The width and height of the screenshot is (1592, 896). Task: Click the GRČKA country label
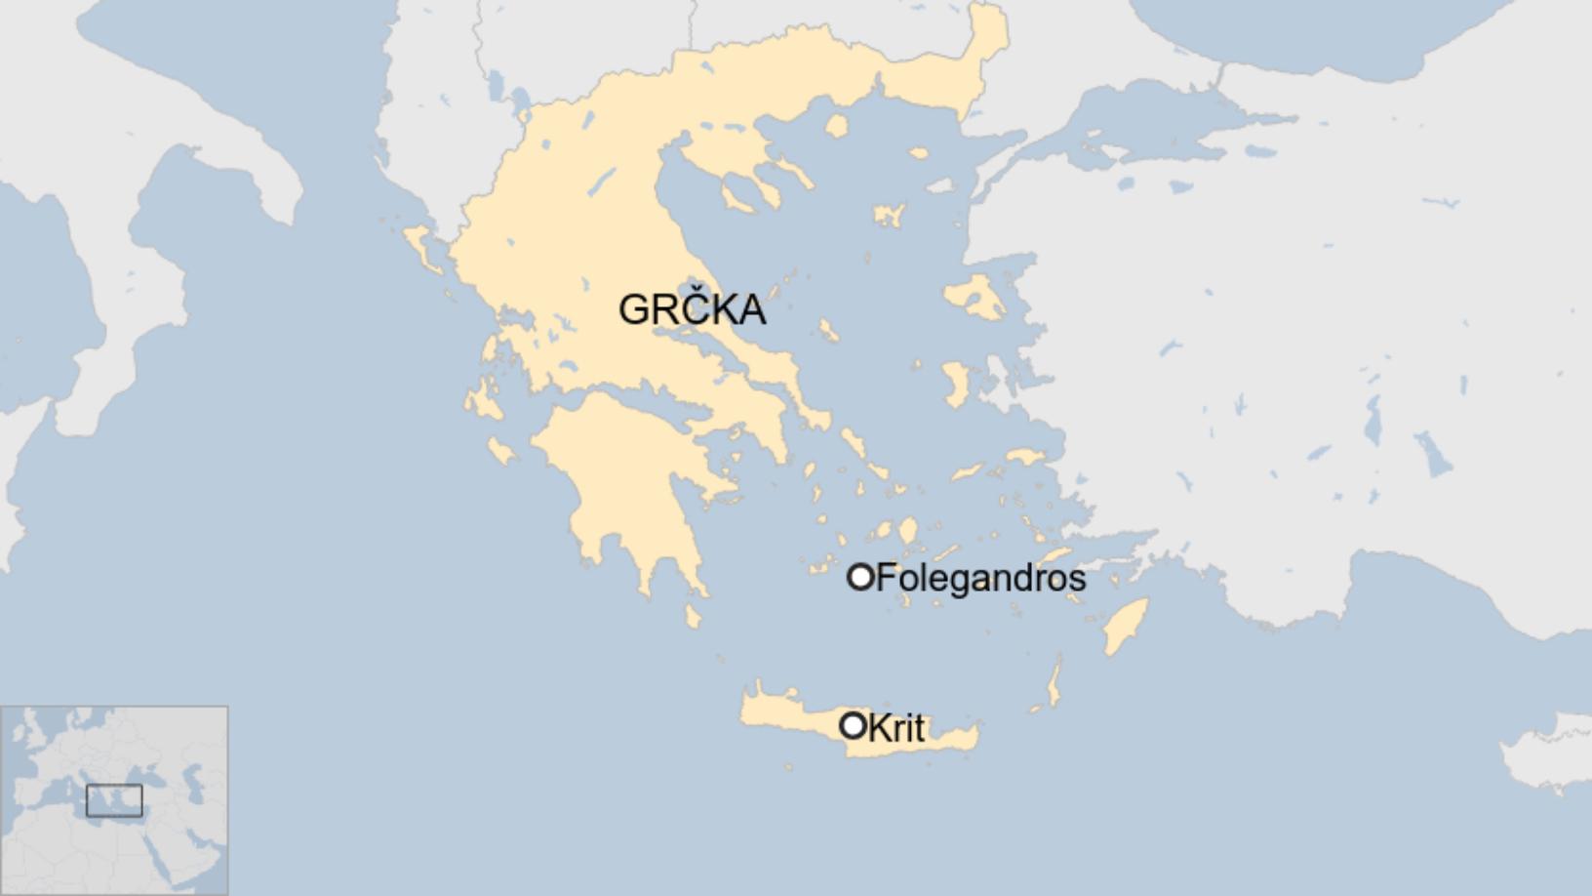click(x=692, y=309)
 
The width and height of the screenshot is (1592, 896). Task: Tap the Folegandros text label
click(x=980, y=578)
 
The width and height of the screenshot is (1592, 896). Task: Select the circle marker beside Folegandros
click(x=859, y=577)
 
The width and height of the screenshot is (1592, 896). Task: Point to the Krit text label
click(x=895, y=727)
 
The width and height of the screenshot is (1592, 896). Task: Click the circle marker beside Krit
click(x=853, y=725)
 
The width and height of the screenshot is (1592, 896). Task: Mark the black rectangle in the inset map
click(x=114, y=800)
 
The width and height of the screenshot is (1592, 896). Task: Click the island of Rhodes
click(x=1127, y=625)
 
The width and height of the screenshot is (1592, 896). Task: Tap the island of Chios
click(x=956, y=383)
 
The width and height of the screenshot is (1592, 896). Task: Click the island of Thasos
click(x=836, y=125)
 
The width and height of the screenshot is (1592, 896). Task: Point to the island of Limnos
click(x=889, y=215)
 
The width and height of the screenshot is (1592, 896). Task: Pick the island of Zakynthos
click(x=502, y=450)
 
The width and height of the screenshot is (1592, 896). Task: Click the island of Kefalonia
click(x=479, y=401)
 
